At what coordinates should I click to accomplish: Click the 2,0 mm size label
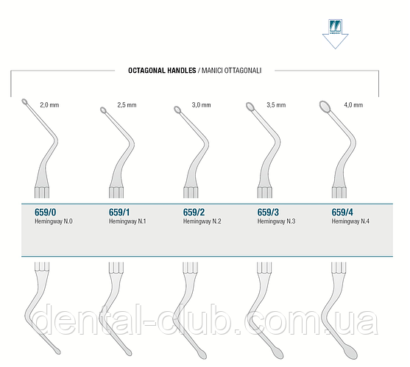coord(49,105)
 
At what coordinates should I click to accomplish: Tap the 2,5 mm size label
coord(127,105)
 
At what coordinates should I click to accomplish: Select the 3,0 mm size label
coord(202,105)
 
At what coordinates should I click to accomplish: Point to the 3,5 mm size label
coord(276,105)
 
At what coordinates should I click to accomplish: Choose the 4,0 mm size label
coord(353,105)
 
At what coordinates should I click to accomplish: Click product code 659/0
coord(45,213)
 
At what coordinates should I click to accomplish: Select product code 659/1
coord(119,213)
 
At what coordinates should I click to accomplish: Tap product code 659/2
coord(194,213)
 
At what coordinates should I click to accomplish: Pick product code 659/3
coord(268,213)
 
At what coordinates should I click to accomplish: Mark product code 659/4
coord(342,213)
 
